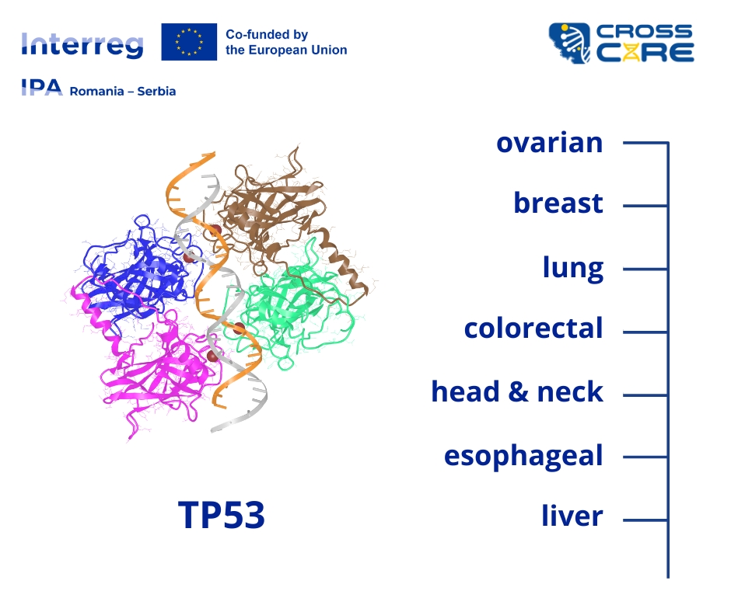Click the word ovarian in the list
[x=550, y=143]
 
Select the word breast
[x=558, y=203]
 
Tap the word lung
[x=573, y=268]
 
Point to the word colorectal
[x=533, y=328]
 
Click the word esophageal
[x=523, y=456]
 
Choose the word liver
[x=572, y=516]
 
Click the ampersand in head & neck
[x=518, y=391]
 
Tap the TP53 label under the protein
[x=222, y=515]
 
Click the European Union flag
[x=189, y=42]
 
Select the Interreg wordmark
[x=82, y=45]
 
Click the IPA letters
[x=42, y=87]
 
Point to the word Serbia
[x=156, y=92]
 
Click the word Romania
[x=96, y=92]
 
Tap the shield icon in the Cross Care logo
[x=569, y=43]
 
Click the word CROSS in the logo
[x=644, y=32]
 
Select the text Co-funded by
[x=267, y=35]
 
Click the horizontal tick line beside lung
[x=645, y=269]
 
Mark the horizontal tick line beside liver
[x=645, y=520]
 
